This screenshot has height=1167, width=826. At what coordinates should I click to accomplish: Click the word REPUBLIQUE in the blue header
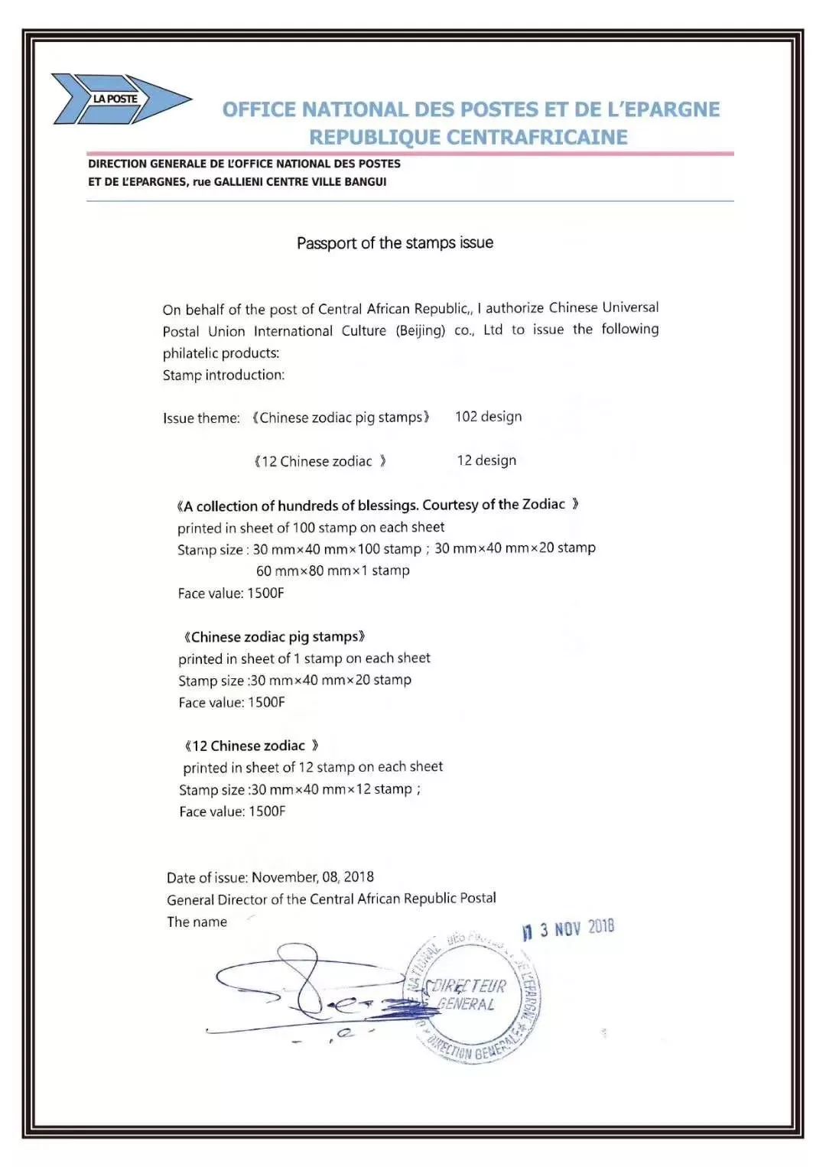(x=375, y=138)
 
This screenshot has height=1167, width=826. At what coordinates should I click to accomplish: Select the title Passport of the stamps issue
(x=395, y=243)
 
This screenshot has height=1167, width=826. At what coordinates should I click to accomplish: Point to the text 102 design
(x=488, y=417)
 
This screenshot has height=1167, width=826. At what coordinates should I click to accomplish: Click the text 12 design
(x=486, y=460)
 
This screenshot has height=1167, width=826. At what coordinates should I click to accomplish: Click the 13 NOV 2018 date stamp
(x=568, y=929)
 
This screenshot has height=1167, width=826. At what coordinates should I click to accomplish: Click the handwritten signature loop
(x=306, y=987)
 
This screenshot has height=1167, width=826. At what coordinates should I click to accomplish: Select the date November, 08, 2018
(x=313, y=877)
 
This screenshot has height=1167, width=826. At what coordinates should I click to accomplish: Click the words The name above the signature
(x=197, y=922)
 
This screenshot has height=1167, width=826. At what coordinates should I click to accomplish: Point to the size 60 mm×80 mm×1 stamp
(x=333, y=570)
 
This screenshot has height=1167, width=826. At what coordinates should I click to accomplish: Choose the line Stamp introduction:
(x=223, y=375)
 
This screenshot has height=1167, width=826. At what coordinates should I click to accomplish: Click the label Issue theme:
(x=201, y=418)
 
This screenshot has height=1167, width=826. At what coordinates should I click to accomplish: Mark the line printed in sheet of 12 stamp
(x=313, y=767)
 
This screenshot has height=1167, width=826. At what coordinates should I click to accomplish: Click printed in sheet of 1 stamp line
(x=304, y=658)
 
